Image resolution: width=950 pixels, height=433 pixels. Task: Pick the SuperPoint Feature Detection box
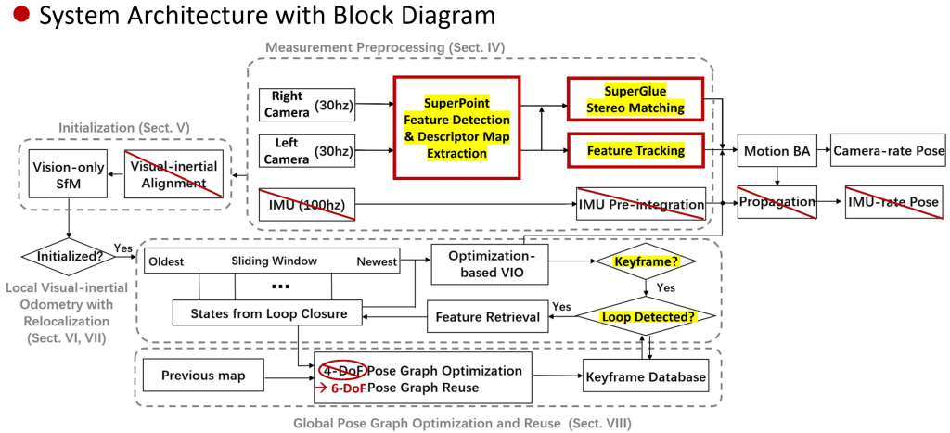(454, 127)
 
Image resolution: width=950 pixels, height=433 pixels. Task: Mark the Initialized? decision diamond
(68, 257)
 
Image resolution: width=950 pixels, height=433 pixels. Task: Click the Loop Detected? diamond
(646, 316)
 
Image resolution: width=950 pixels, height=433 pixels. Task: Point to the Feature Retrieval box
(487, 317)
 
